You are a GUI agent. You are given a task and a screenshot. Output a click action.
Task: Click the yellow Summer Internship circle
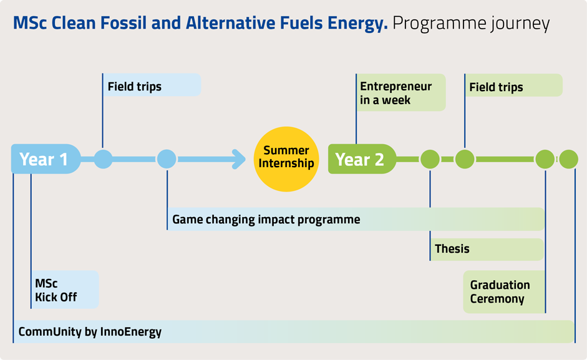point(286,159)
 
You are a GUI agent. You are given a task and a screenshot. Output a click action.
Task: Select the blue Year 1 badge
point(46,159)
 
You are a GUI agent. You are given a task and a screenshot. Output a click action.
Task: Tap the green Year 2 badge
point(362,159)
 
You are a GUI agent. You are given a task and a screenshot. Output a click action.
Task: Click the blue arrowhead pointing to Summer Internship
point(238,159)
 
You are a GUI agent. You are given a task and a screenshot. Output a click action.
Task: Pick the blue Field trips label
point(152,85)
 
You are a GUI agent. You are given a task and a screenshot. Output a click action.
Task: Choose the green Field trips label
point(513,85)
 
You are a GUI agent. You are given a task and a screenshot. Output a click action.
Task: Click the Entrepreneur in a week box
point(401,92)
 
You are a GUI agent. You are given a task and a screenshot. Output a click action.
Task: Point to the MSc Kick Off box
point(65,289)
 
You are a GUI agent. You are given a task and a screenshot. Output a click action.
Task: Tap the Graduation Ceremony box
point(504,292)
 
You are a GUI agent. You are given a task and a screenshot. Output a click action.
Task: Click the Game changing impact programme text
point(266,220)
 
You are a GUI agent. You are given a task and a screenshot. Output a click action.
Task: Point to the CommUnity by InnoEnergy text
point(90,332)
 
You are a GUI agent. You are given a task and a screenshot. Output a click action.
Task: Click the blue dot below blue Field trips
point(103,159)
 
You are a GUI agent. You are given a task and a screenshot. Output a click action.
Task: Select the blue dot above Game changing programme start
point(167,159)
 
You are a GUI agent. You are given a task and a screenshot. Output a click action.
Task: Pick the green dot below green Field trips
point(465,159)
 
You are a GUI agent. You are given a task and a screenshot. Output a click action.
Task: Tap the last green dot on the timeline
point(568,159)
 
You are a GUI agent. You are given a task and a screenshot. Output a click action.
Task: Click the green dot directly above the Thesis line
point(430,159)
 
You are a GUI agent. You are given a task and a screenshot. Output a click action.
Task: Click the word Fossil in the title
point(124,23)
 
